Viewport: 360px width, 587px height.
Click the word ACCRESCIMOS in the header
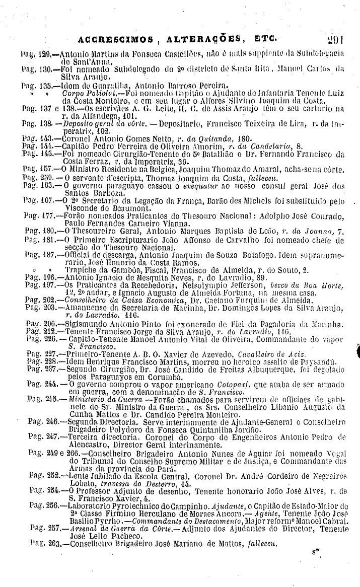(112, 39)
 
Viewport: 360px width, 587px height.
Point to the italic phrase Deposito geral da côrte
(93, 124)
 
